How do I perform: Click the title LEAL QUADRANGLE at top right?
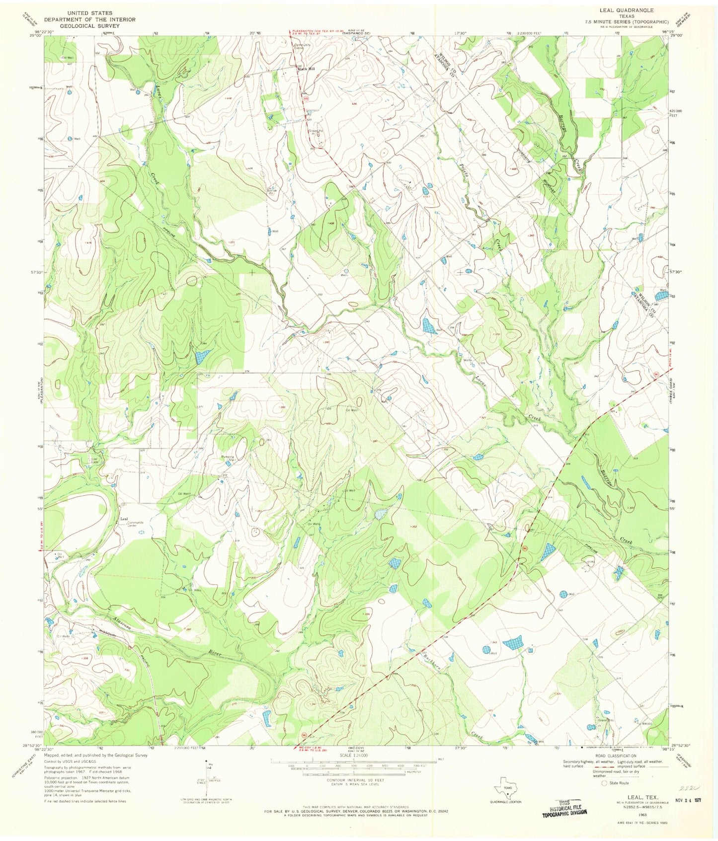coord(628,10)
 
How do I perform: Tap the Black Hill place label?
coord(306,69)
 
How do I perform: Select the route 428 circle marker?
coord(307,99)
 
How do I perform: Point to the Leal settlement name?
coord(125,519)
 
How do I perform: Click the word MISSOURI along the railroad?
coord(107,634)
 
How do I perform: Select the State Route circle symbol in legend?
coord(604,783)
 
